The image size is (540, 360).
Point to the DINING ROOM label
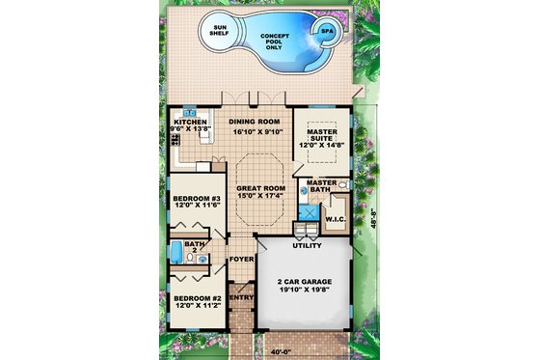pyautogui.click(x=256, y=123)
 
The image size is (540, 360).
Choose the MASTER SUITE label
pyautogui.click(x=320, y=139)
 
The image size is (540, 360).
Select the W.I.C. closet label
pyautogui.click(x=335, y=219)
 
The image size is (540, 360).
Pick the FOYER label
pyautogui.click(x=241, y=259)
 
